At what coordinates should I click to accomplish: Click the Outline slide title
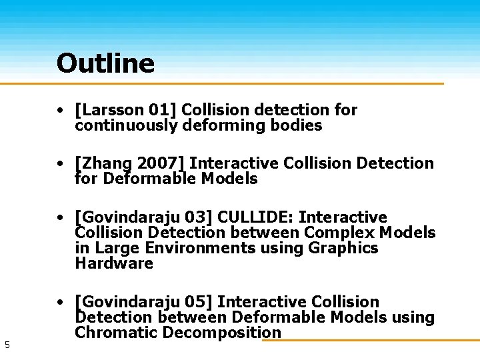[x=105, y=63]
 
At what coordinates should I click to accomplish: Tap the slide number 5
[x=7, y=345]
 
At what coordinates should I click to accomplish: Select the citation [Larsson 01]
[x=126, y=109]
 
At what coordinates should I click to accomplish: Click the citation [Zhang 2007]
[x=131, y=163]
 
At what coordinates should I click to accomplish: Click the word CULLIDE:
[x=256, y=217]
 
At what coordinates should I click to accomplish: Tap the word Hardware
[x=114, y=263]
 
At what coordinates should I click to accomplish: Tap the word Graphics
[x=343, y=248]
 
